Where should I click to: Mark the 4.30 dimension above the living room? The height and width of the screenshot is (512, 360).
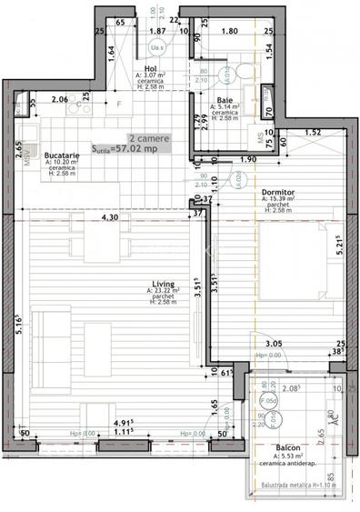tap(110, 218)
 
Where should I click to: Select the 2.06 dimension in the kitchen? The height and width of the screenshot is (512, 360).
tap(61, 99)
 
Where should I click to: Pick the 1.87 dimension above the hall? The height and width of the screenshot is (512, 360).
tap(155, 31)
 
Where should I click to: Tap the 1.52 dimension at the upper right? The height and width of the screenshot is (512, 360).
tap(312, 133)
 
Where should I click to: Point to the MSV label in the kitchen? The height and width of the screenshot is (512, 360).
tap(27, 156)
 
